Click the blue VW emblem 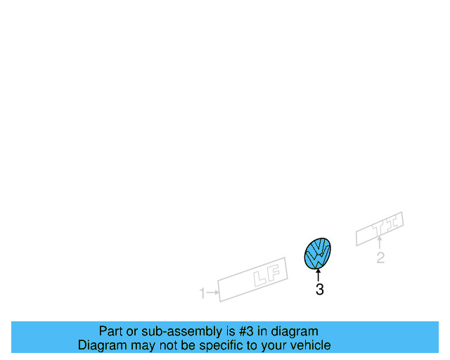(318, 254)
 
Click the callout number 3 (320, 290)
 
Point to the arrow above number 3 (319, 275)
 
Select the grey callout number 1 (202, 293)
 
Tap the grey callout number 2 (380, 258)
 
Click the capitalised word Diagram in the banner (101, 345)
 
